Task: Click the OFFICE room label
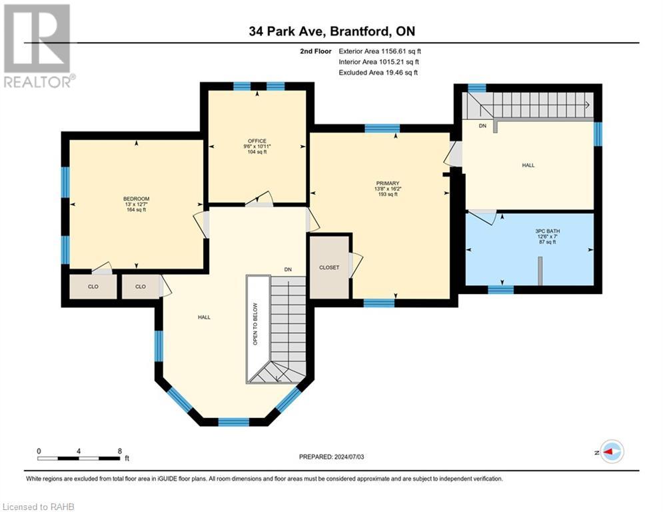pyautogui.click(x=257, y=141)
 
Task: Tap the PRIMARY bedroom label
pyautogui.click(x=388, y=183)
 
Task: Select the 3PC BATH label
pyautogui.click(x=548, y=231)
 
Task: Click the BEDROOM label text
pyautogui.click(x=136, y=199)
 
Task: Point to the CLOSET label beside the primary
pyautogui.click(x=329, y=267)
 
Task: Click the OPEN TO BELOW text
pyautogui.click(x=255, y=324)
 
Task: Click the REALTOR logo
pyautogui.click(x=39, y=46)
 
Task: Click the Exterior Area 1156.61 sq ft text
pyautogui.click(x=380, y=51)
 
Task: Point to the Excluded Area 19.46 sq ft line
pyautogui.click(x=378, y=73)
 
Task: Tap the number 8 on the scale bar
pyautogui.click(x=120, y=451)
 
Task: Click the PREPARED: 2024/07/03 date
pyautogui.click(x=332, y=457)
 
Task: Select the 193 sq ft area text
pyautogui.click(x=388, y=194)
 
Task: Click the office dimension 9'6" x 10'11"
pyautogui.click(x=257, y=147)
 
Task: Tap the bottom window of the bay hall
pyautogui.click(x=233, y=421)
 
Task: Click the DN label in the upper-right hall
pyautogui.click(x=482, y=126)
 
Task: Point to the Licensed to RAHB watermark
pyautogui.click(x=39, y=507)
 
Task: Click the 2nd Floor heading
pyautogui.click(x=316, y=51)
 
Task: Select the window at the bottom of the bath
pyautogui.click(x=500, y=290)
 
